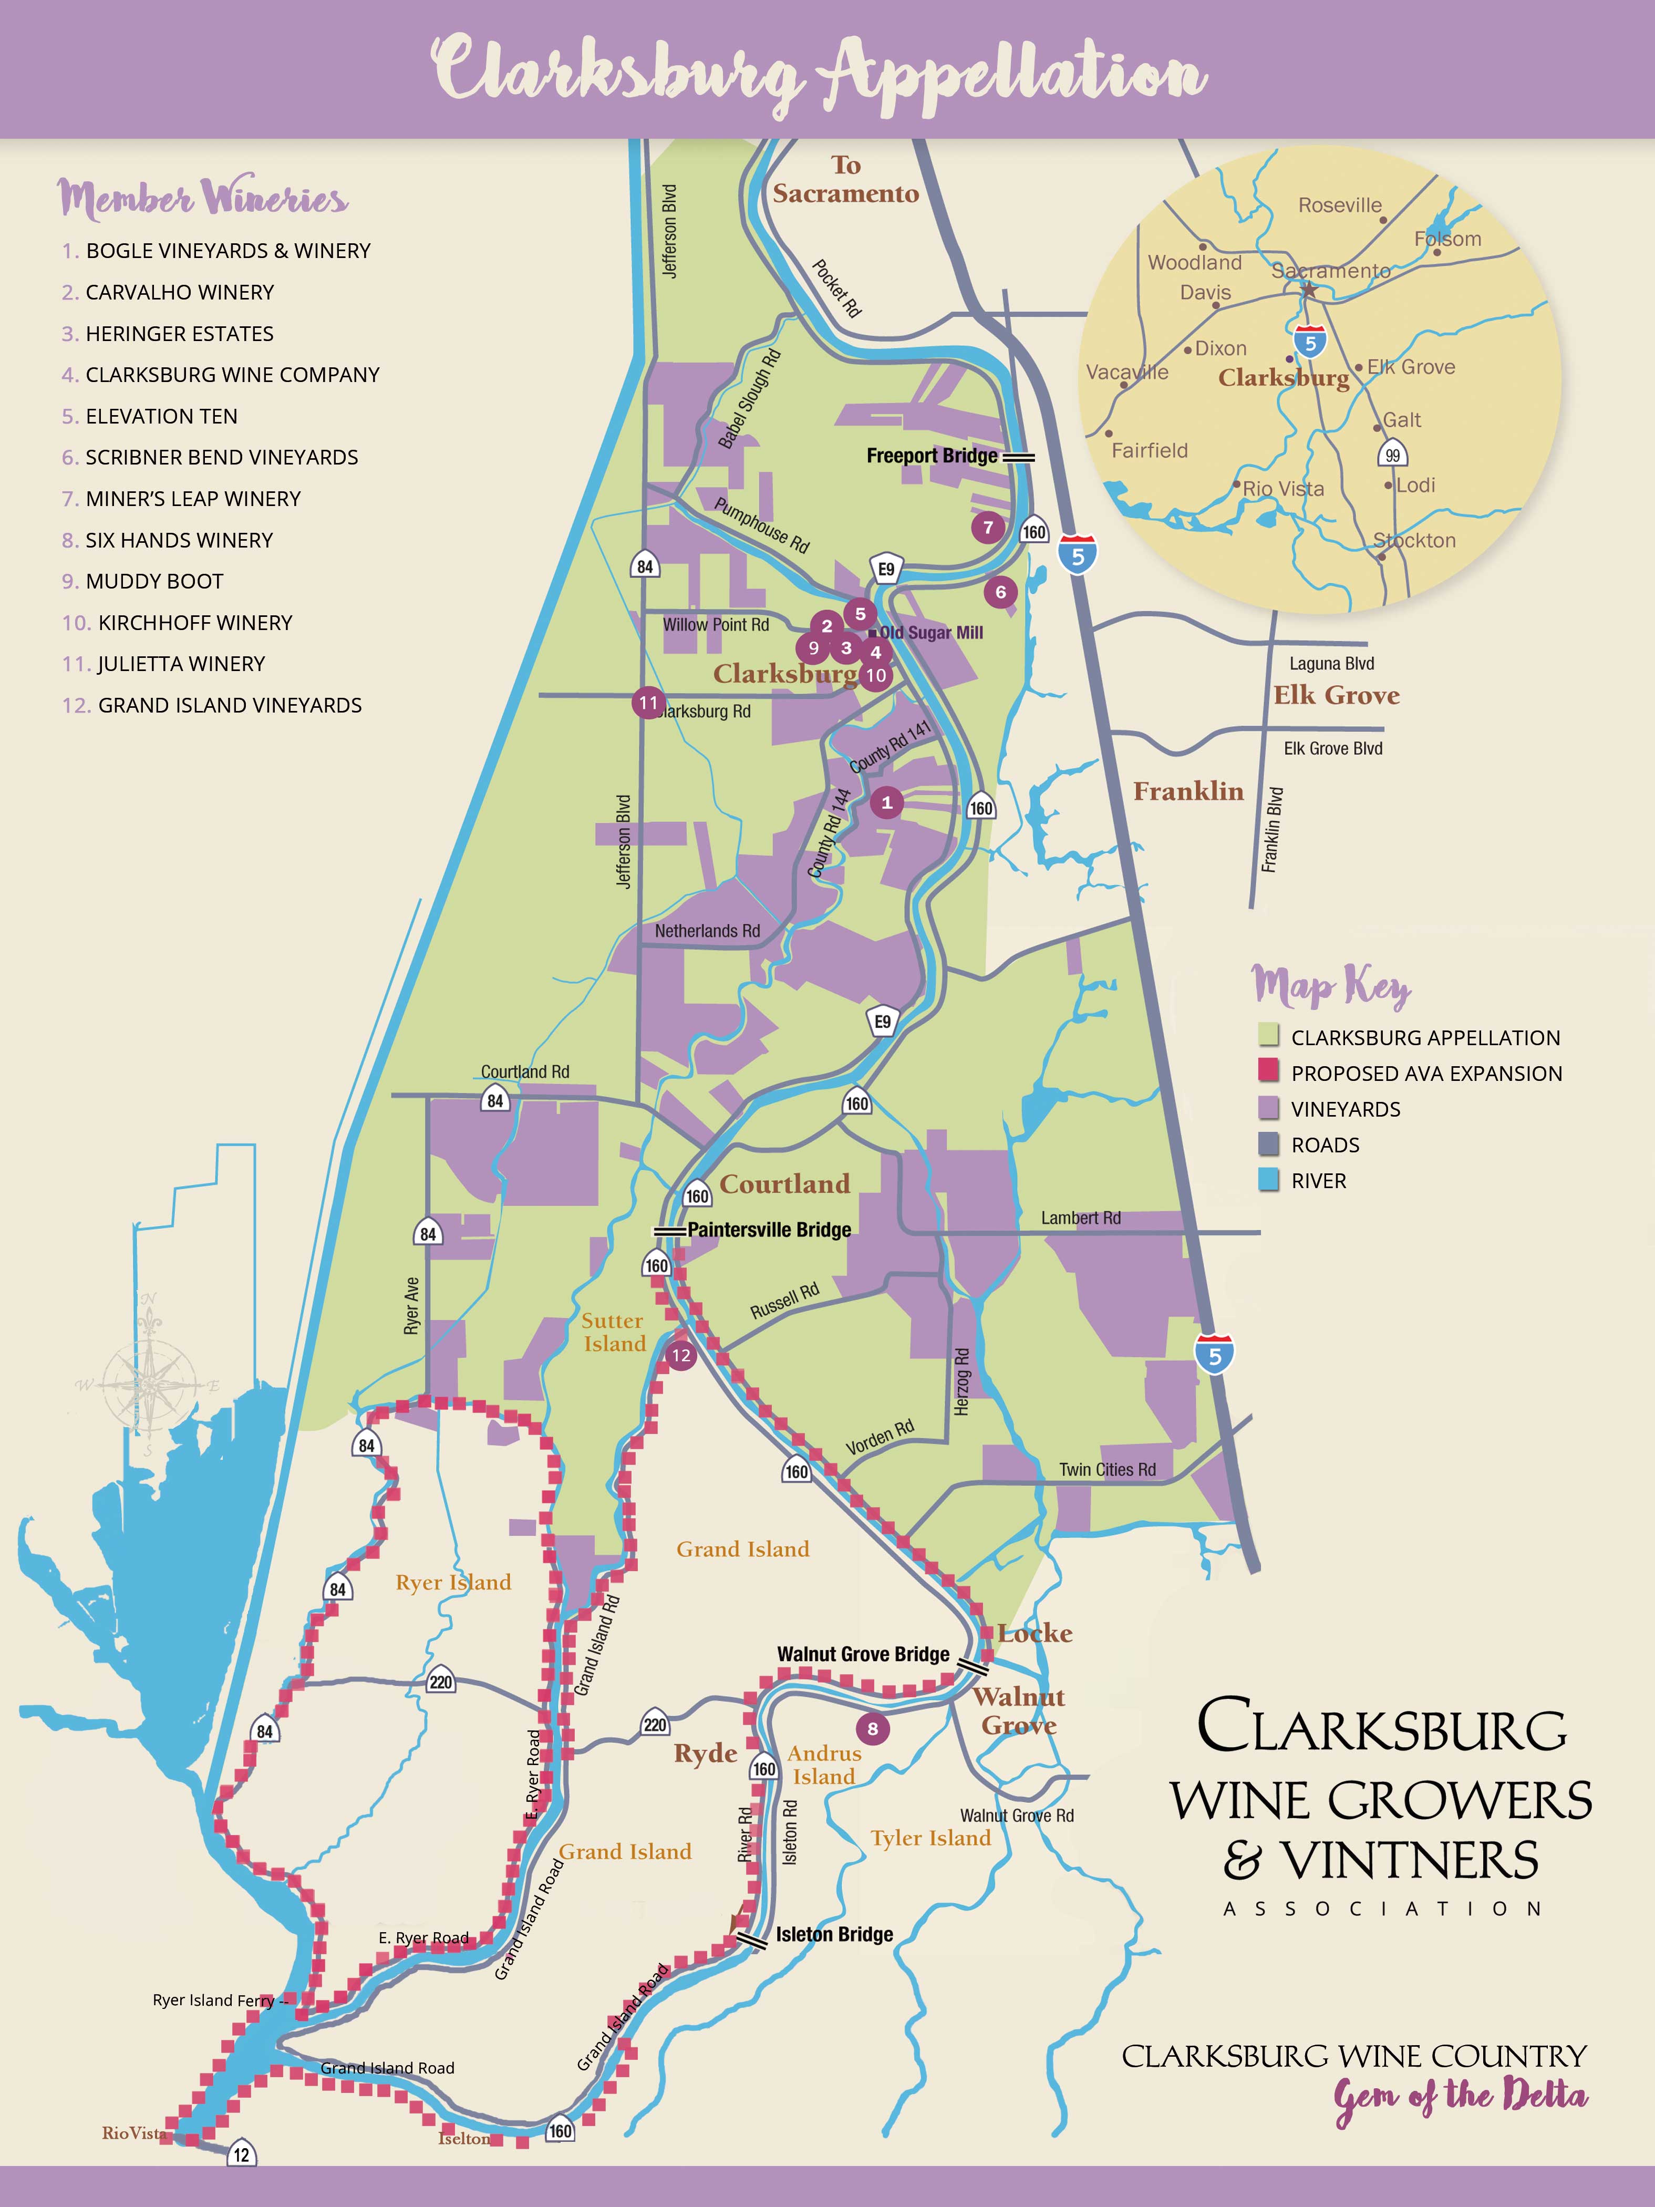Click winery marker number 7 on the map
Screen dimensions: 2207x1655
(x=988, y=528)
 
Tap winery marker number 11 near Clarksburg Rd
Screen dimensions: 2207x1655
(x=648, y=703)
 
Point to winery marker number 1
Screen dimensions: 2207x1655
(x=886, y=802)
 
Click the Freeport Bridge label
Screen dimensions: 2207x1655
(x=932, y=456)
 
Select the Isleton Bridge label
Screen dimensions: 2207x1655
(x=834, y=1935)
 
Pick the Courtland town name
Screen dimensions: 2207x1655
(x=785, y=1184)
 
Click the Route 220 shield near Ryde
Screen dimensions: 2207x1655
(x=655, y=1725)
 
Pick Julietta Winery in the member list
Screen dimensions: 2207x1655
(x=180, y=664)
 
